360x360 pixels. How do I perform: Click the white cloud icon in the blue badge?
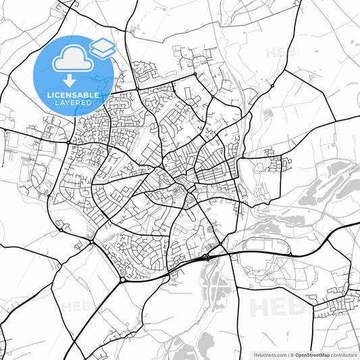pos(73,58)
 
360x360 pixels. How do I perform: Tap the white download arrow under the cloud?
pos(73,80)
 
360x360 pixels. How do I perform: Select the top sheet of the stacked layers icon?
pos(103,45)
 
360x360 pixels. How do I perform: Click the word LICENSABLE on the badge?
pos(73,95)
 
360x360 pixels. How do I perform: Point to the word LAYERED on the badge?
pos(73,103)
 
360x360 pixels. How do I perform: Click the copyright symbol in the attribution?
pos(291,354)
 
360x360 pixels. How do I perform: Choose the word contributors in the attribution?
pos(343,354)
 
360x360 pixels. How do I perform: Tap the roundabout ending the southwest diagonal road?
pos(122,280)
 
